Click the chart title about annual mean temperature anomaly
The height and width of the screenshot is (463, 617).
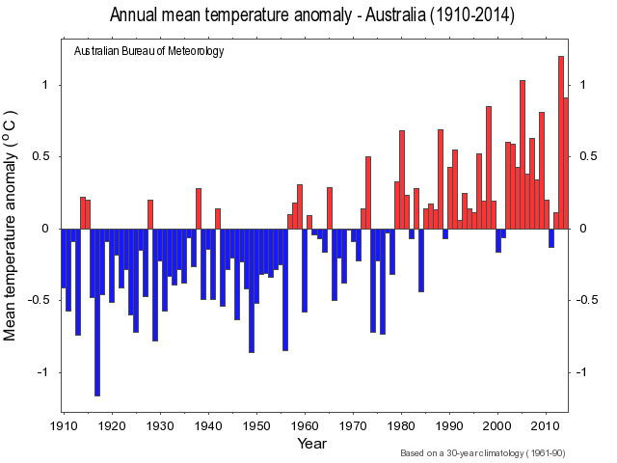coord(311,15)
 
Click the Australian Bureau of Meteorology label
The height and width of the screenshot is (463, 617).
coord(148,51)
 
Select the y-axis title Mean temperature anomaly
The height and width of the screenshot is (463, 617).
coord(12,229)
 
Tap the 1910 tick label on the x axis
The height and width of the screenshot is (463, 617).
coord(64,425)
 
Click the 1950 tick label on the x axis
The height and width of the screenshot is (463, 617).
coord(256,425)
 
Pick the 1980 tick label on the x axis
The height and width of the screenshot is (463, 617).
coord(401,425)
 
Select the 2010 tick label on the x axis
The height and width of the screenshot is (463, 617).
coord(546,425)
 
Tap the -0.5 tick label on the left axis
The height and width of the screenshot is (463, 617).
coord(40,300)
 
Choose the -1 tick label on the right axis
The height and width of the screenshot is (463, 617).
coord(584,372)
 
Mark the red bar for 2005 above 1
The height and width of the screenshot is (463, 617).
coord(523,154)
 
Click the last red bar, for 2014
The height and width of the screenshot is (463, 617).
coord(566,163)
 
